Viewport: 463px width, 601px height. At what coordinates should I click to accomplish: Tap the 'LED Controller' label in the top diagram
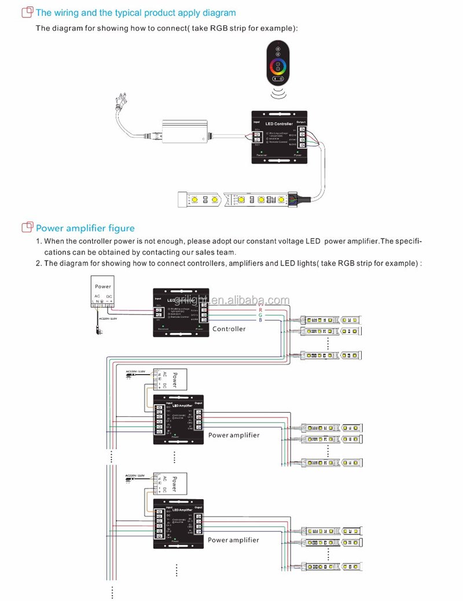point(278,124)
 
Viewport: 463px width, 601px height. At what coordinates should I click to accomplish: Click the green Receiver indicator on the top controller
point(262,152)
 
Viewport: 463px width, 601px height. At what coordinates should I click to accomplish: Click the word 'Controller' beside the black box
point(229,329)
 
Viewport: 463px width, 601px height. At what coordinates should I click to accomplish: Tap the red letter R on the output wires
point(260,309)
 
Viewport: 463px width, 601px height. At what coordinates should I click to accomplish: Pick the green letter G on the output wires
point(260,314)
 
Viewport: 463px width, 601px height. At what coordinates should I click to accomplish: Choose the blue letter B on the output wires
point(260,320)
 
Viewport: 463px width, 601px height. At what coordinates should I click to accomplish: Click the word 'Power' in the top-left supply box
point(103,287)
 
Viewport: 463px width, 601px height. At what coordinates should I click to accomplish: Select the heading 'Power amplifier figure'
point(85,228)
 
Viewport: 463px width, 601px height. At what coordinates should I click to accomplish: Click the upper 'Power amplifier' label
point(234,435)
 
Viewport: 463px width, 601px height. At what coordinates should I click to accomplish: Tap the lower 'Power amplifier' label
point(234,540)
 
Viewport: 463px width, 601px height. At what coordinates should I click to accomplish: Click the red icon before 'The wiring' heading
point(27,12)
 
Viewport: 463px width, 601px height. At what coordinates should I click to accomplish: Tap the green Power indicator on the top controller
point(297,152)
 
